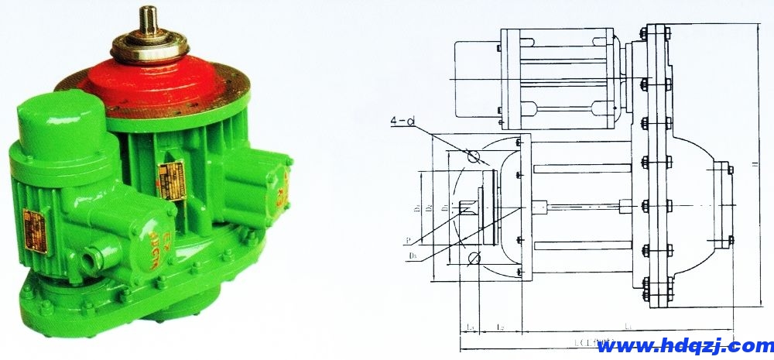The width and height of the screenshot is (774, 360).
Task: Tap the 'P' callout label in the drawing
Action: pyautogui.click(x=408, y=239)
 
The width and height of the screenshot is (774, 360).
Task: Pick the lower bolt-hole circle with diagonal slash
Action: pyautogui.click(x=474, y=258)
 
